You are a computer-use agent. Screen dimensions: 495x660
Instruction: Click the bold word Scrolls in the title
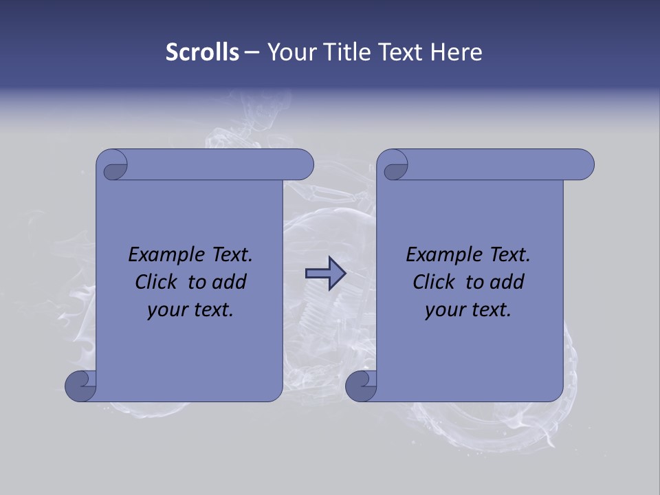pos(202,52)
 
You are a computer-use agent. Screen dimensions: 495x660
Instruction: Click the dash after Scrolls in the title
pos(252,52)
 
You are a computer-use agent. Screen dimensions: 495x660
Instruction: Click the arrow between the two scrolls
pos(325,273)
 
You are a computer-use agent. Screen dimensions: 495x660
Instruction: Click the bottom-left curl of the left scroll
pos(81,387)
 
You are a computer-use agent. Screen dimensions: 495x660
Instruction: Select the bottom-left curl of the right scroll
pos(361,387)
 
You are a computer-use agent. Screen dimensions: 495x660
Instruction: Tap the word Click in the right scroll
pos(433,282)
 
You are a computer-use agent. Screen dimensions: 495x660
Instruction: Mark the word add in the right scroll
pos(507,282)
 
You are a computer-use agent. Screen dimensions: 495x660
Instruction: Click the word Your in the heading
pos(292,52)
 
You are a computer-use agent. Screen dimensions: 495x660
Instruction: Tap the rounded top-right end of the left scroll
pos(302,164)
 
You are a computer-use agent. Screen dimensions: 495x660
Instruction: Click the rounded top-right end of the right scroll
pos(583,164)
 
